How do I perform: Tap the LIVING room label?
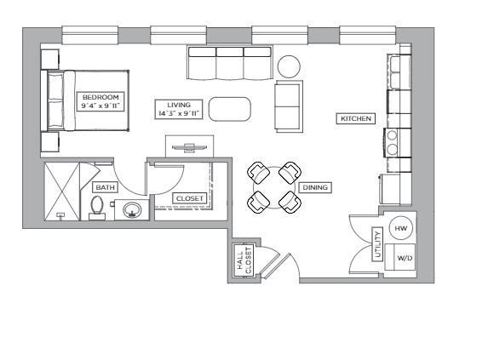(179, 109)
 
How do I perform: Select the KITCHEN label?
(356, 119)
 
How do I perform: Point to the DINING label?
(314, 187)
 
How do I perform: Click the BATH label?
(104, 187)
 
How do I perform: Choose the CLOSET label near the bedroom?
(189, 199)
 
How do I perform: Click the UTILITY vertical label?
(377, 244)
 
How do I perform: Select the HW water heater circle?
(402, 228)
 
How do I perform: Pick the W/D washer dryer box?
(402, 256)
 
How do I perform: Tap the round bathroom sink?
(133, 209)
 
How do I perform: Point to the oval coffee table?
(230, 109)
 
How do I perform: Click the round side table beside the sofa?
(290, 66)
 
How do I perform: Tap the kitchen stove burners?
(393, 142)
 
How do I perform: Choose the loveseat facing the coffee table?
(289, 106)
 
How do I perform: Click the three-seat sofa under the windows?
(230, 63)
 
